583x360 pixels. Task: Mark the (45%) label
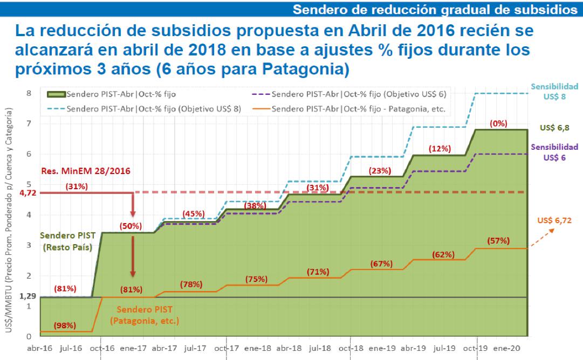(x=193, y=214)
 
